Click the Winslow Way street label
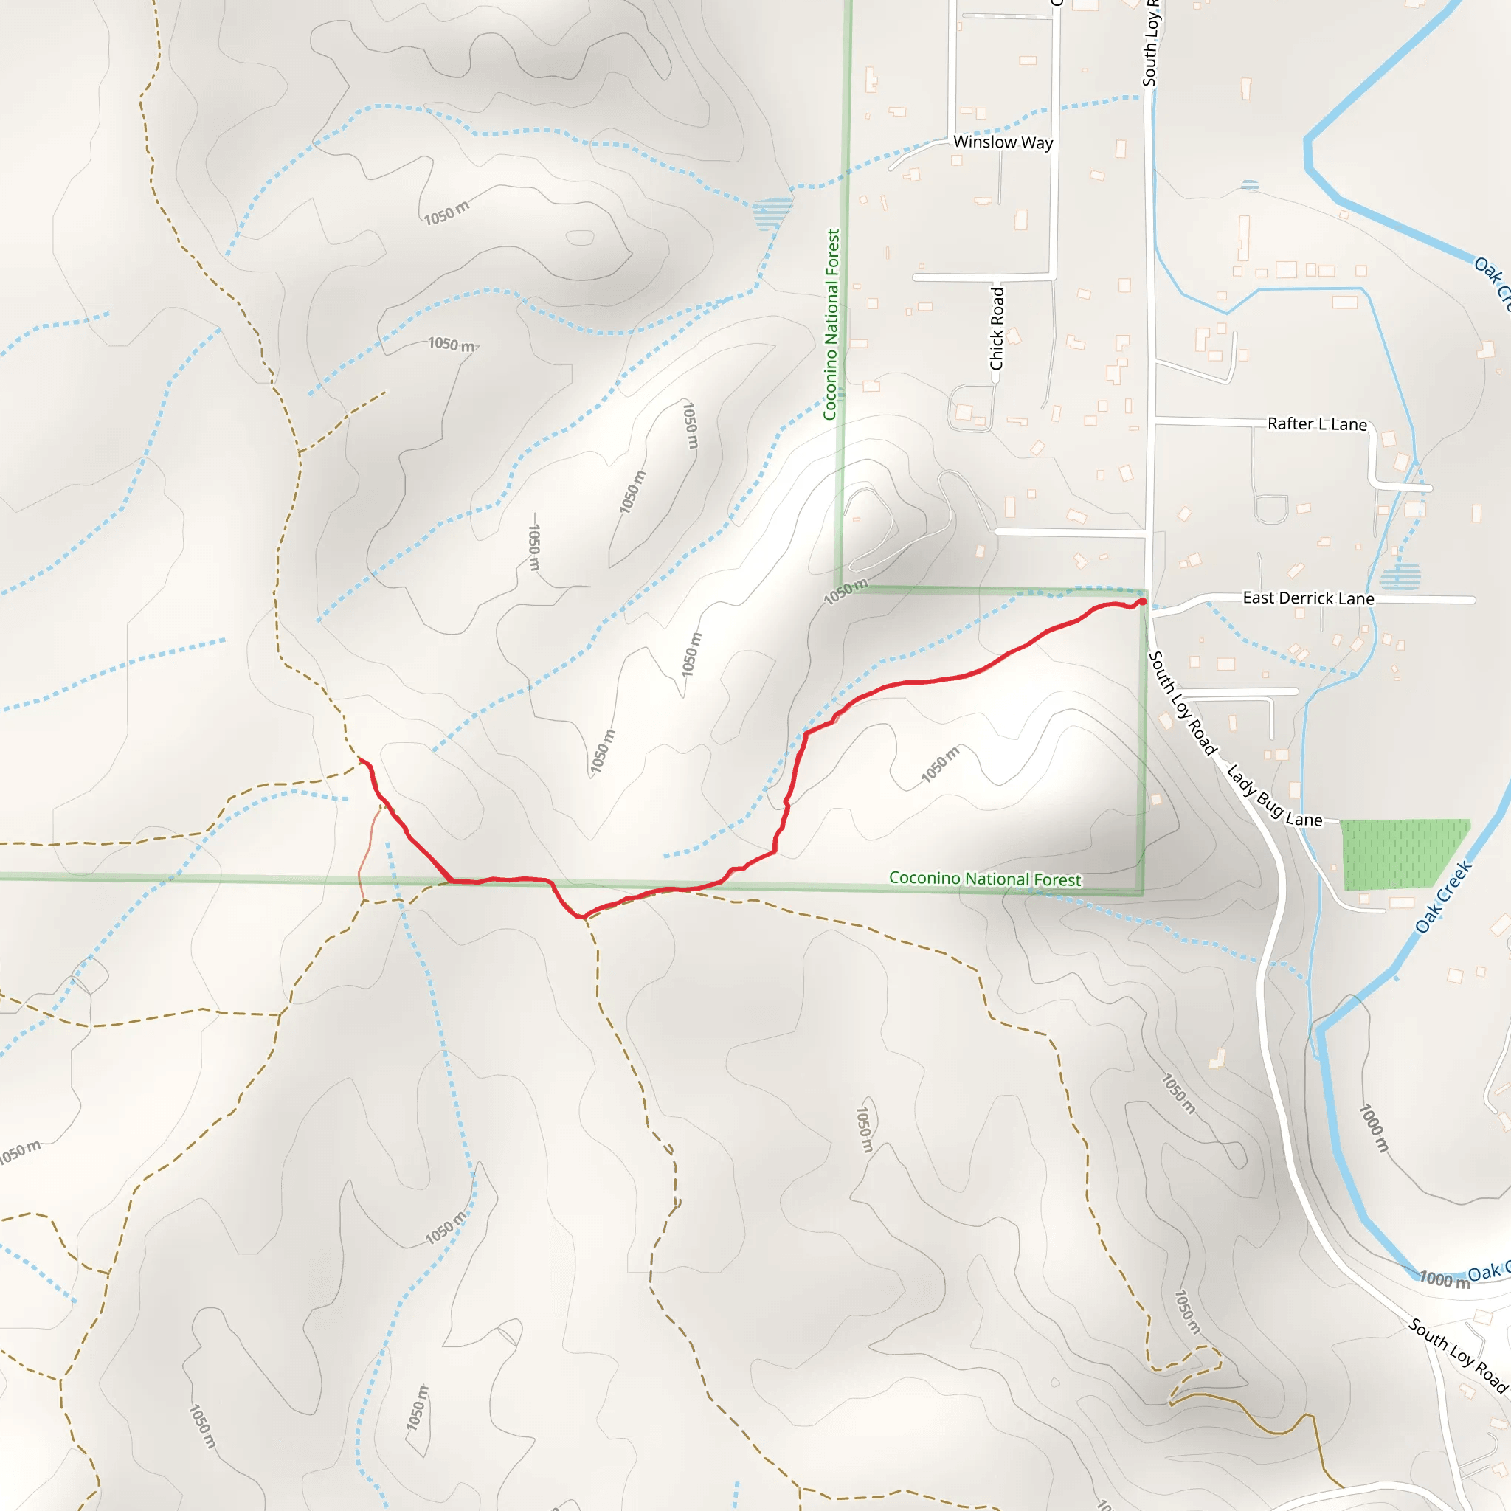[x=1003, y=142]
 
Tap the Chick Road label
[x=996, y=328]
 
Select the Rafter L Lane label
[x=1317, y=424]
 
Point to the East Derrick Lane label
[x=1307, y=598]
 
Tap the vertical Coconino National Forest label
[x=831, y=324]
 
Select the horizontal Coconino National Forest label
[x=985, y=878]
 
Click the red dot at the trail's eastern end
[x=1142, y=601]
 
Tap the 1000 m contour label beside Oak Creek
[x=1373, y=1128]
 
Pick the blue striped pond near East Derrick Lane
[x=1400, y=577]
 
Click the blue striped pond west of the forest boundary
[x=772, y=212]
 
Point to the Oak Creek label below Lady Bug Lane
[x=1443, y=897]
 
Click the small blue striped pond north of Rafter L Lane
[x=1250, y=185]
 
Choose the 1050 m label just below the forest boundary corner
[x=846, y=592]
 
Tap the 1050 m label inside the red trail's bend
[x=939, y=764]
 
